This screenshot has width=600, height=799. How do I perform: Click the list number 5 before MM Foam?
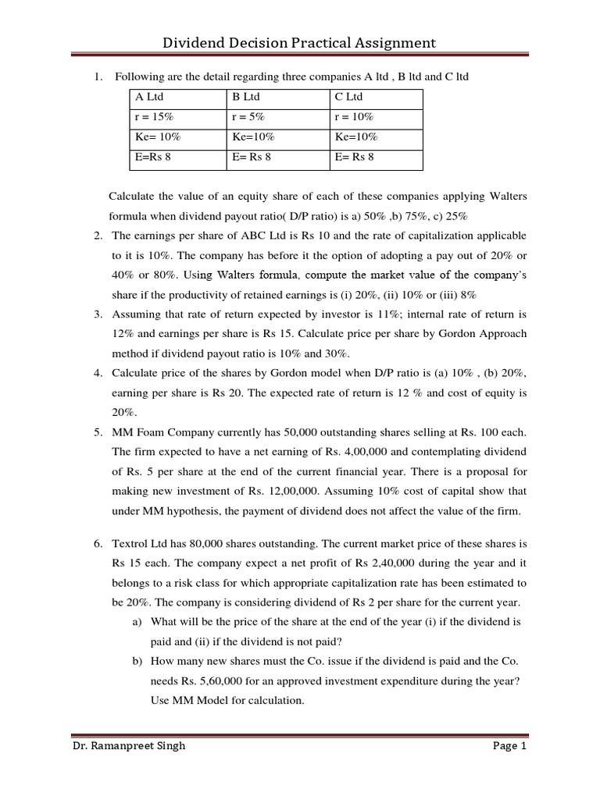(98, 431)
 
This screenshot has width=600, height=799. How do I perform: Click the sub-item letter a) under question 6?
(136, 623)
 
